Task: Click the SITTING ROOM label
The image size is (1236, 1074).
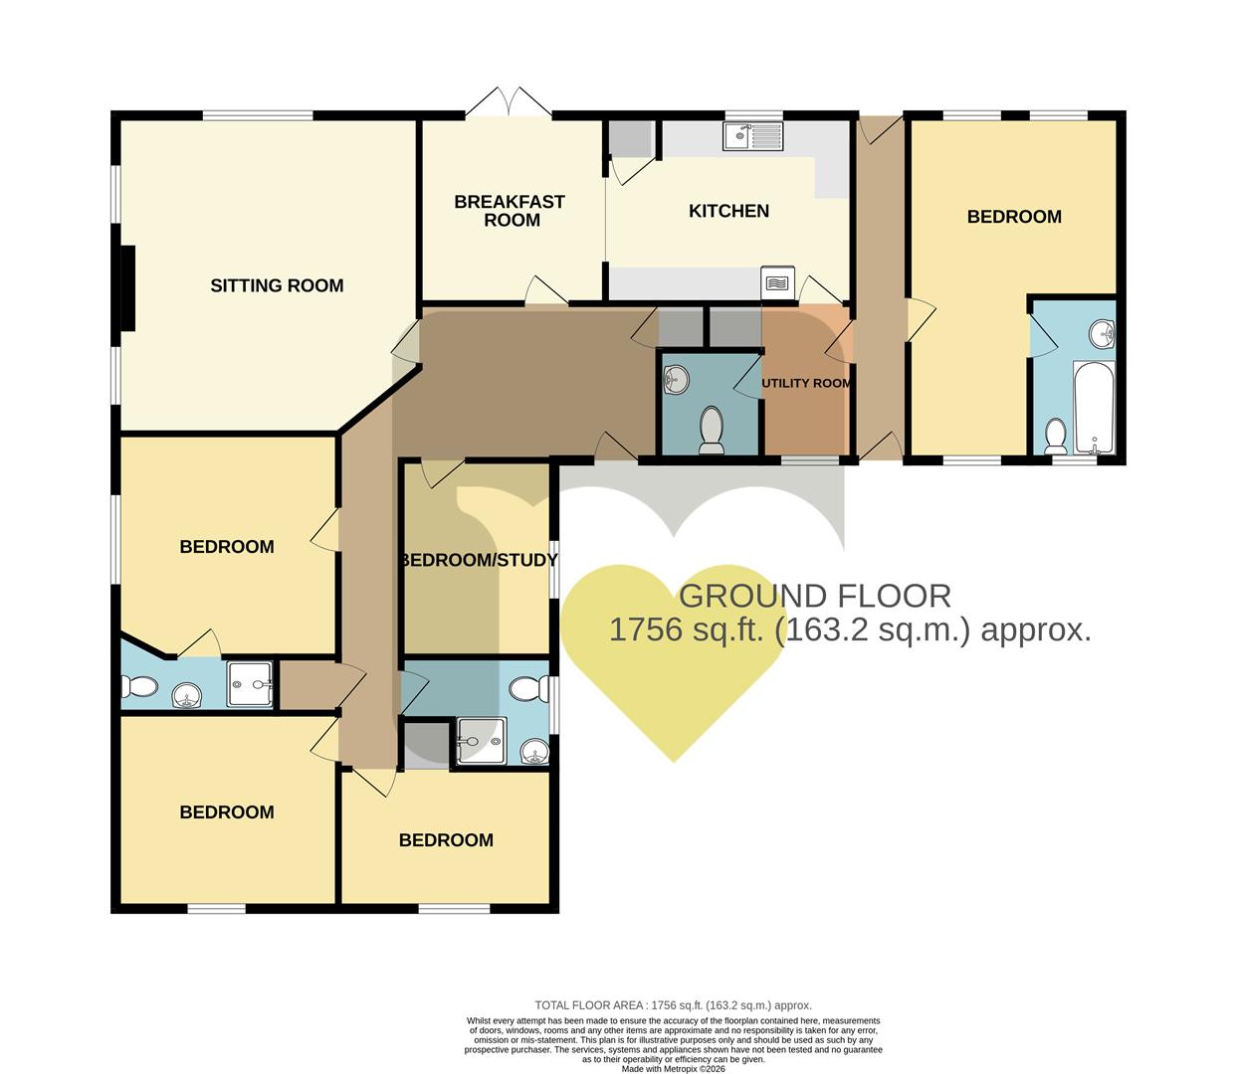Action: tap(277, 285)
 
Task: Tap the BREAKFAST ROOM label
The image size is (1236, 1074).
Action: tap(510, 211)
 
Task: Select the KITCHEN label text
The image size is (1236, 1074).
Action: tap(728, 211)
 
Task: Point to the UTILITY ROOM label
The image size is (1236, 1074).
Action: tap(806, 383)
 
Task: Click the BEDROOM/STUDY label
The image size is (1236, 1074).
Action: tap(479, 560)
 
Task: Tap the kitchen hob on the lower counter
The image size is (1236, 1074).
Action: tap(777, 283)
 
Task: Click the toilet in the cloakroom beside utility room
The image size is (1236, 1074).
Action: tap(712, 430)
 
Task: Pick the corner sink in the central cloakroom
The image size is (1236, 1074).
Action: tap(675, 378)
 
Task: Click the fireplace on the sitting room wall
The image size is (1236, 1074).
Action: tap(126, 288)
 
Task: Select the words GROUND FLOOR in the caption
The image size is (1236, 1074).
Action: tap(814, 596)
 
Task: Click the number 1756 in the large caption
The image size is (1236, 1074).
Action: tap(638, 629)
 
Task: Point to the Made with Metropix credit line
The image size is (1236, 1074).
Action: tap(673, 1069)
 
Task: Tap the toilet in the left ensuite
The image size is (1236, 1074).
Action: tap(138, 686)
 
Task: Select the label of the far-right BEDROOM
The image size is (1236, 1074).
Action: tap(1013, 217)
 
